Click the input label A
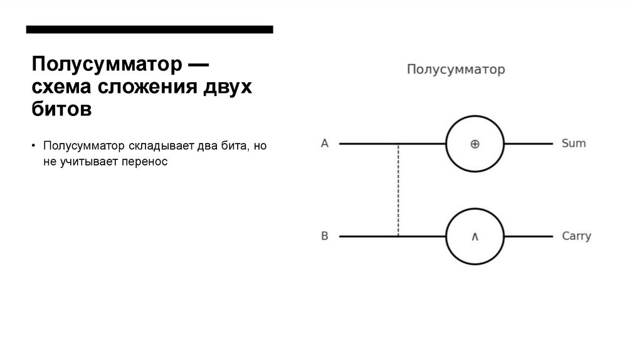325,144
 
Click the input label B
325,236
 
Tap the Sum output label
574,143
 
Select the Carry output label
576,236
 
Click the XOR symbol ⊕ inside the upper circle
475,144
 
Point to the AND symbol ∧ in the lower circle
475,237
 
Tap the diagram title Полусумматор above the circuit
456,70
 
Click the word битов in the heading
62,109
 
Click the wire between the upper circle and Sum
528,144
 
